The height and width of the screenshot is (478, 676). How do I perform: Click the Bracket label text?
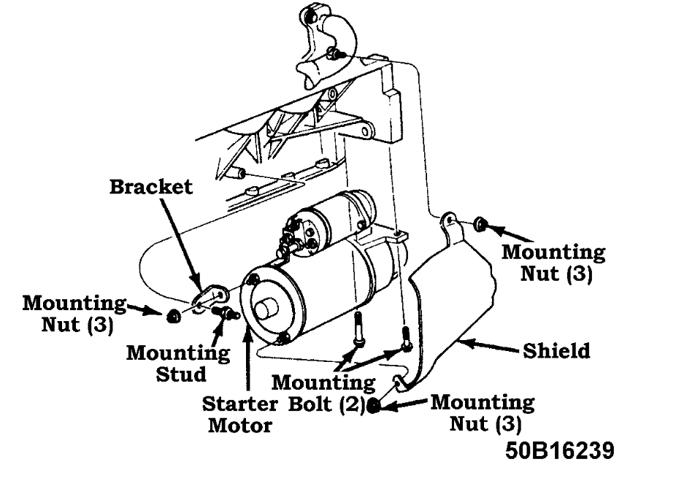pos(152,187)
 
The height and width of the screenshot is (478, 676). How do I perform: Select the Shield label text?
pos(556,351)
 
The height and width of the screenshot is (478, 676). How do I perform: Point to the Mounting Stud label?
pos(178,363)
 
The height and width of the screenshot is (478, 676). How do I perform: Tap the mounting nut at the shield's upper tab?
pos(480,223)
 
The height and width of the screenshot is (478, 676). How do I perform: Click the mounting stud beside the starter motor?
pos(225,314)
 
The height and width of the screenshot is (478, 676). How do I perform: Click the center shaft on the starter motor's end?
pos(265,308)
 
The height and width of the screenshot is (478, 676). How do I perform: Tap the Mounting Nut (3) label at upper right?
pos(553,263)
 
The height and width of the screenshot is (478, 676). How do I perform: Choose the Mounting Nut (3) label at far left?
pos(74,313)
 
